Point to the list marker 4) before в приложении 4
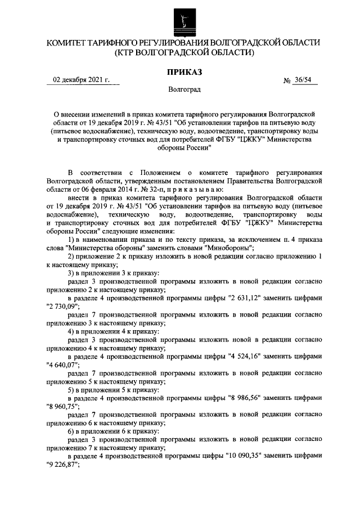tap(71, 331)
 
